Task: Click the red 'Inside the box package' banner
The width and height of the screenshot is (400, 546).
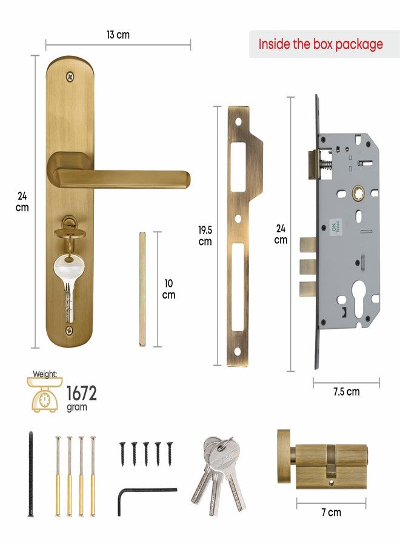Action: [x=321, y=44]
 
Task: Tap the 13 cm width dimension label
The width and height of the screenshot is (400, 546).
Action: [x=118, y=35]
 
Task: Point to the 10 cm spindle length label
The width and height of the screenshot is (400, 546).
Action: [x=168, y=288]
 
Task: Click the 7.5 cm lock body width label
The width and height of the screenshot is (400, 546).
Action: [x=346, y=392]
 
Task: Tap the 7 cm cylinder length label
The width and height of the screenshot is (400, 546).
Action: [x=331, y=513]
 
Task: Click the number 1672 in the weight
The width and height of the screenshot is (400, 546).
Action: [x=81, y=393]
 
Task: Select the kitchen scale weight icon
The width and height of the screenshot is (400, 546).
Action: [x=44, y=397]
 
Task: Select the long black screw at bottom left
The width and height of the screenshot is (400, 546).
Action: [x=30, y=473]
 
